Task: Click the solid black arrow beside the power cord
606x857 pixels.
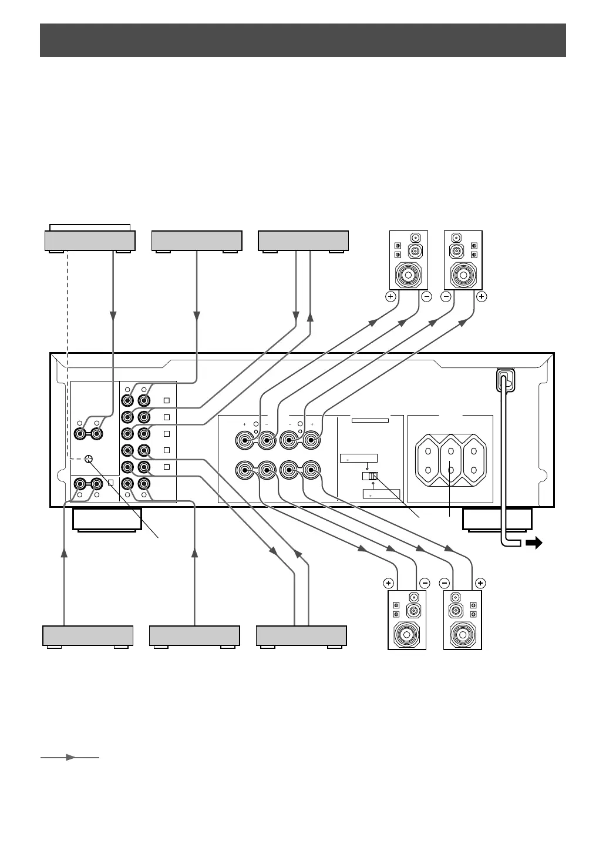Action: click(x=533, y=544)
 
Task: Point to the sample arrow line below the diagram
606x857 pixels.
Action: click(x=70, y=758)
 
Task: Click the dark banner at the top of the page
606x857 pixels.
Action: click(x=302, y=40)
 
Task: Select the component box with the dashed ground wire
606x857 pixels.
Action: click(x=90, y=241)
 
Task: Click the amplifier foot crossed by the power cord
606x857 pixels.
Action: click(x=497, y=519)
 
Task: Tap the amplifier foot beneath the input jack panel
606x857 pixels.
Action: click(x=107, y=519)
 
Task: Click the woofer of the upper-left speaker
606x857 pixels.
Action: click(x=409, y=274)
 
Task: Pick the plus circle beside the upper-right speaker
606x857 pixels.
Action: click(x=482, y=297)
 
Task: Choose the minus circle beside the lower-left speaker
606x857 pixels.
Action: click(x=425, y=584)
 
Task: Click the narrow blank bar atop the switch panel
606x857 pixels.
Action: click(x=370, y=420)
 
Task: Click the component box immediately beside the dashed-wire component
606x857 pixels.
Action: click(x=197, y=241)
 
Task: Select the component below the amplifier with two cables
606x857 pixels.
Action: click(x=301, y=636)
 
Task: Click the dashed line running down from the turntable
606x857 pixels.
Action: click(x=68, y=353)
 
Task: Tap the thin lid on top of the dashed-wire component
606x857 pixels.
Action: click(x=90, y=227)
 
